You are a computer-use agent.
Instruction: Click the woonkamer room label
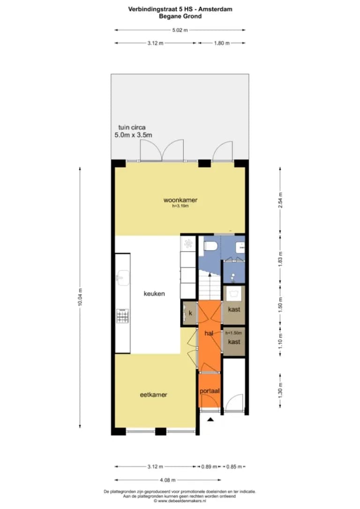tap(180, 200)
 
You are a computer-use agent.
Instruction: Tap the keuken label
tap(154, 293)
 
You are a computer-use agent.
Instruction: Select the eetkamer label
tap(154, 395)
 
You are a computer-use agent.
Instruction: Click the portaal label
tap(210, 391)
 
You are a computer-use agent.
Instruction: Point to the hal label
tap(209, 333)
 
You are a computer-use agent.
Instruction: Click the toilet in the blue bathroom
tap(210, 246)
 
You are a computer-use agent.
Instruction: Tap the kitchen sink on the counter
tap(123, 277)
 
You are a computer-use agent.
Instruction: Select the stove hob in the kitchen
tap(122, 316)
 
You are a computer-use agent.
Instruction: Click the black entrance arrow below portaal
tap(210, 419)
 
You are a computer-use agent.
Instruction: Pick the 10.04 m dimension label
tap(80, 297)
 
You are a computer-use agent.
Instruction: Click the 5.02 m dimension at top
tap(180, 30)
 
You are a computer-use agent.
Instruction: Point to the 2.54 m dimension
tap(280, 200)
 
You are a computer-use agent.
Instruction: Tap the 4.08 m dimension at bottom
tap(167, 480)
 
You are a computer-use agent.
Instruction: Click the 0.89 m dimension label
tap(209, 466)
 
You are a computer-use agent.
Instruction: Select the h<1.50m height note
tap(234, 333)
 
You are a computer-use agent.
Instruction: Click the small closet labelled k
tap(190, 313)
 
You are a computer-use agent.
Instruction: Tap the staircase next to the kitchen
tap(210, 285)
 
